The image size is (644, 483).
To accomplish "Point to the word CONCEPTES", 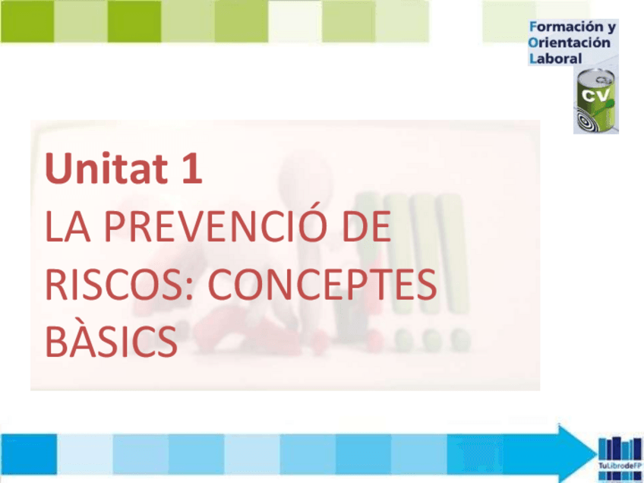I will tap(322, 286).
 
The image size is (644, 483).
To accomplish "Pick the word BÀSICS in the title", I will tap(111, 343).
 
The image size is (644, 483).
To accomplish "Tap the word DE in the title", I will tap(365, 228).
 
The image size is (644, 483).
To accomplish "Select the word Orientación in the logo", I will tap(570, 43).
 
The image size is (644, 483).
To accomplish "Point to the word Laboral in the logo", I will tap(555, 58).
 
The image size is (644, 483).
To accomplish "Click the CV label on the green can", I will tap(595, 94).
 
